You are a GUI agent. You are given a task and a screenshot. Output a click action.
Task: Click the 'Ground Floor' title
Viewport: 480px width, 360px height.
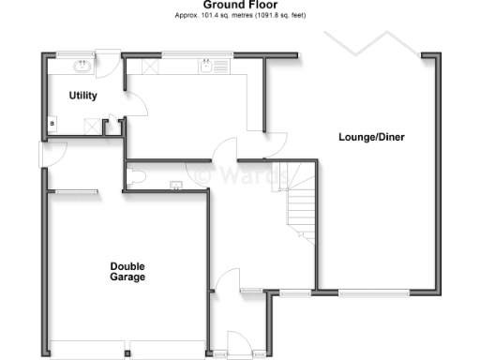[240, 6]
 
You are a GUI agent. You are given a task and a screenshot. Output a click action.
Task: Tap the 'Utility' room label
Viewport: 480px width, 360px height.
[83, 96]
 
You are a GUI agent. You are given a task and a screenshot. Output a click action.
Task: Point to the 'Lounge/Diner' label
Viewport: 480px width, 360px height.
[371, 138]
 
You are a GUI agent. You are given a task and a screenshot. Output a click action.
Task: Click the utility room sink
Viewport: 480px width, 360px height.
[82, 67]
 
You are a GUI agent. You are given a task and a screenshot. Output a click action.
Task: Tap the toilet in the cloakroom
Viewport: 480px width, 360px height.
[137, 175]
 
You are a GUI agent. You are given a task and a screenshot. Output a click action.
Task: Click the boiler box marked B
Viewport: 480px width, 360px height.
[52, 122]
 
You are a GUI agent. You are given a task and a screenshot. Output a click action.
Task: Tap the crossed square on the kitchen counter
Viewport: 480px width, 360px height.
[147, 67]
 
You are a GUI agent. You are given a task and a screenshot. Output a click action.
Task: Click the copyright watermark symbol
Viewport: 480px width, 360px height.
[202, 173]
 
